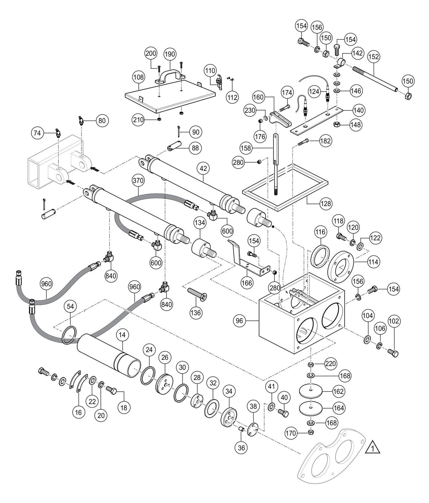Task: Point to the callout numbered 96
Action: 240,321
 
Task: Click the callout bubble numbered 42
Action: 203,168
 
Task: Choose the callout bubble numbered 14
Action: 122,335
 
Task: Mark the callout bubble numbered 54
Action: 70,307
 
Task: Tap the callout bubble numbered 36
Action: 242,448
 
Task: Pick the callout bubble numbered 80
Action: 102,120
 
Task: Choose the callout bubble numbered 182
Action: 325,141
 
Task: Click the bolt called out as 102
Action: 393,352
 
